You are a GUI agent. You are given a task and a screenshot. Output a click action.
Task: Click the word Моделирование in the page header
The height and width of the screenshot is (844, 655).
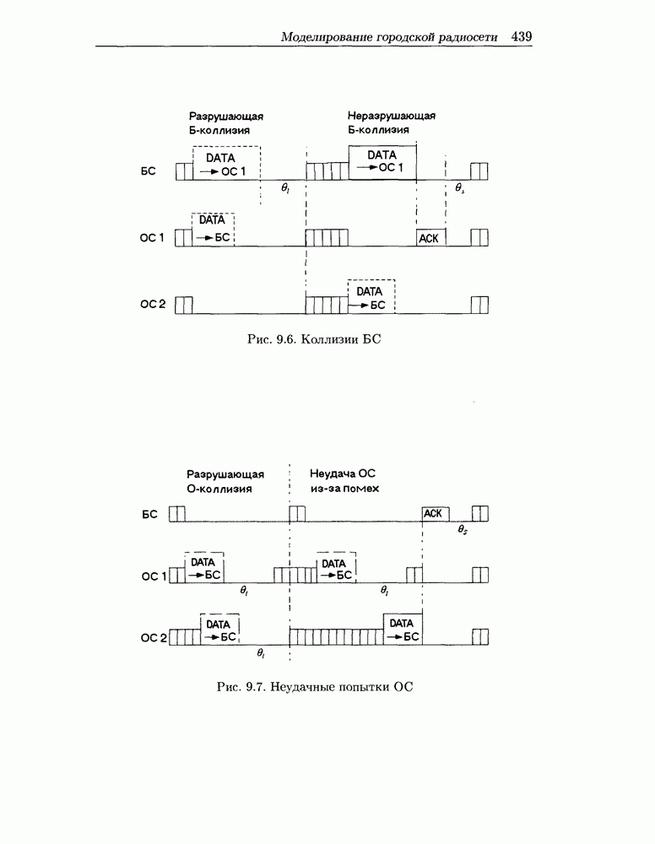324,37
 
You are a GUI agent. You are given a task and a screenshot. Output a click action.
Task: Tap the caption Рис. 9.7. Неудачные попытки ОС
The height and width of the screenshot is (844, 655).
314,687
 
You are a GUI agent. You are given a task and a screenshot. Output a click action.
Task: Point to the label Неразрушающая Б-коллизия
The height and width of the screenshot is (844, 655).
391,122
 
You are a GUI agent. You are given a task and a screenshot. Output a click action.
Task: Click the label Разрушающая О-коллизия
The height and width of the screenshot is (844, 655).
225,481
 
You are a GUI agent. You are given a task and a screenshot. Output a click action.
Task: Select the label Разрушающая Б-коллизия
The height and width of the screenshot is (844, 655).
225,122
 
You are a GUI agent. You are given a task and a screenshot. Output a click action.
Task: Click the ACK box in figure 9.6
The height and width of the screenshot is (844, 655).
430,238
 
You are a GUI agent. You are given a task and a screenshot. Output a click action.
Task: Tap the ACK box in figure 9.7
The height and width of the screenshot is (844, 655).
436,513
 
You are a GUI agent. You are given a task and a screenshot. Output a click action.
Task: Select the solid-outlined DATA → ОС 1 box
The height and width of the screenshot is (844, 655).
382,161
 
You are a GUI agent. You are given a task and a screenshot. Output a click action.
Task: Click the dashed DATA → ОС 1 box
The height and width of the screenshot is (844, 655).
226,165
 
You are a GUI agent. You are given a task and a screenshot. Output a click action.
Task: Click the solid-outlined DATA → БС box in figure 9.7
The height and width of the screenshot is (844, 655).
402,630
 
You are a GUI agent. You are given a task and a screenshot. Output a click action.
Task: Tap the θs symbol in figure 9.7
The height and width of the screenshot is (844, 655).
463,530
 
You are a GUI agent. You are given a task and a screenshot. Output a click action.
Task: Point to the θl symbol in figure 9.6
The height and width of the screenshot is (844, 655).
285,189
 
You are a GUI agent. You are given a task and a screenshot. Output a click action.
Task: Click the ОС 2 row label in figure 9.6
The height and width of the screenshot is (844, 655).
153,304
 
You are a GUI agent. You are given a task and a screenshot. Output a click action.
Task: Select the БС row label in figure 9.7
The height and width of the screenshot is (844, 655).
149,513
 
